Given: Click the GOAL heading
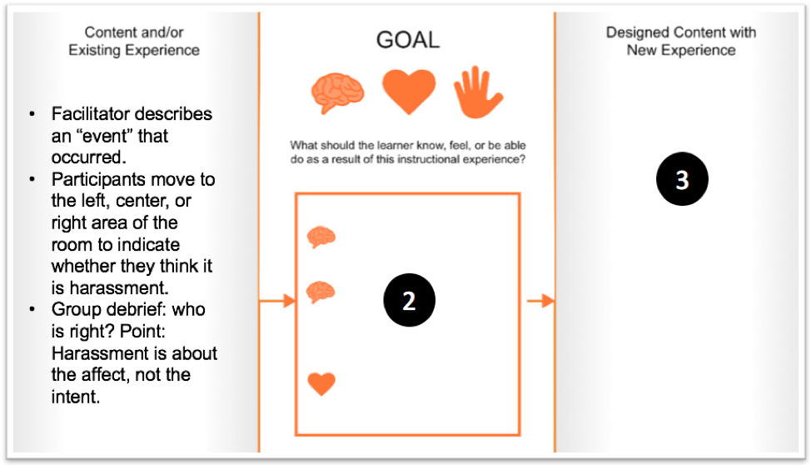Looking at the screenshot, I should pyautogui.click(x=408, y=39).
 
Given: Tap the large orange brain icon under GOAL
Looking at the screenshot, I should pyautogui.click(x=338, y=91).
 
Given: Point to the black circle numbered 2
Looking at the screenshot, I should pyautogui.click(x=409, y=301).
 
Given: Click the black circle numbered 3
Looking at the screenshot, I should pyautogui.click(x=681, y=181).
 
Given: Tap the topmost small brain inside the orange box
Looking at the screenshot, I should pyautogui.click(x=321, y=237).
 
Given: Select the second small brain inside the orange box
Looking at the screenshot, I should pyautogui.click(x=321, y=292).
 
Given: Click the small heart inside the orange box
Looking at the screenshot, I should pyautogui.click(x=321, y=383).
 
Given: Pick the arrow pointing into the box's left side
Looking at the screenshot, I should pyautogui.click(x=278, y=300).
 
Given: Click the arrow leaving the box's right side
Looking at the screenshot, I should pyautogui.click(x=540, y=300).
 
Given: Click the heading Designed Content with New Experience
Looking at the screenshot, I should pyautogui.click(x=680, y=41).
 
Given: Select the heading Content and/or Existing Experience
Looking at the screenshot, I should pyautogui.click(x=133, y=41).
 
